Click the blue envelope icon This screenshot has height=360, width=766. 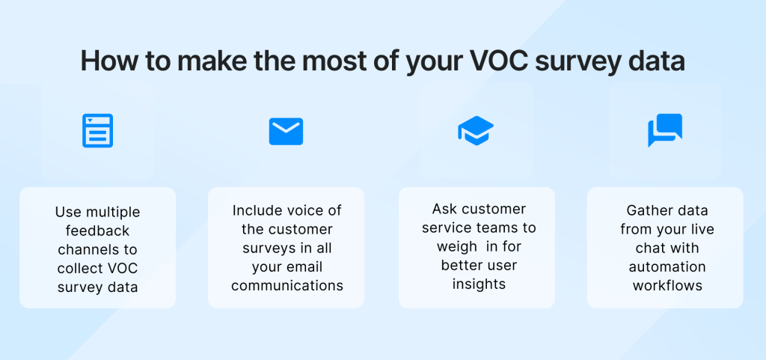286,131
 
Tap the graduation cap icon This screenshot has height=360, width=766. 475,131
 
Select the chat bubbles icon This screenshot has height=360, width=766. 664,130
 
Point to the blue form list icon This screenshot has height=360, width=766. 97,131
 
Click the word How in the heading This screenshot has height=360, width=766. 105,61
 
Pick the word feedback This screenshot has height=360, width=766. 97,231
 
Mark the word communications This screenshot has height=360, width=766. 287,285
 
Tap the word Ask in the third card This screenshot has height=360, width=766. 444,209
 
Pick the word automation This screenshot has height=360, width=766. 666,267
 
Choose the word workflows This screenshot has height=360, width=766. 666,285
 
